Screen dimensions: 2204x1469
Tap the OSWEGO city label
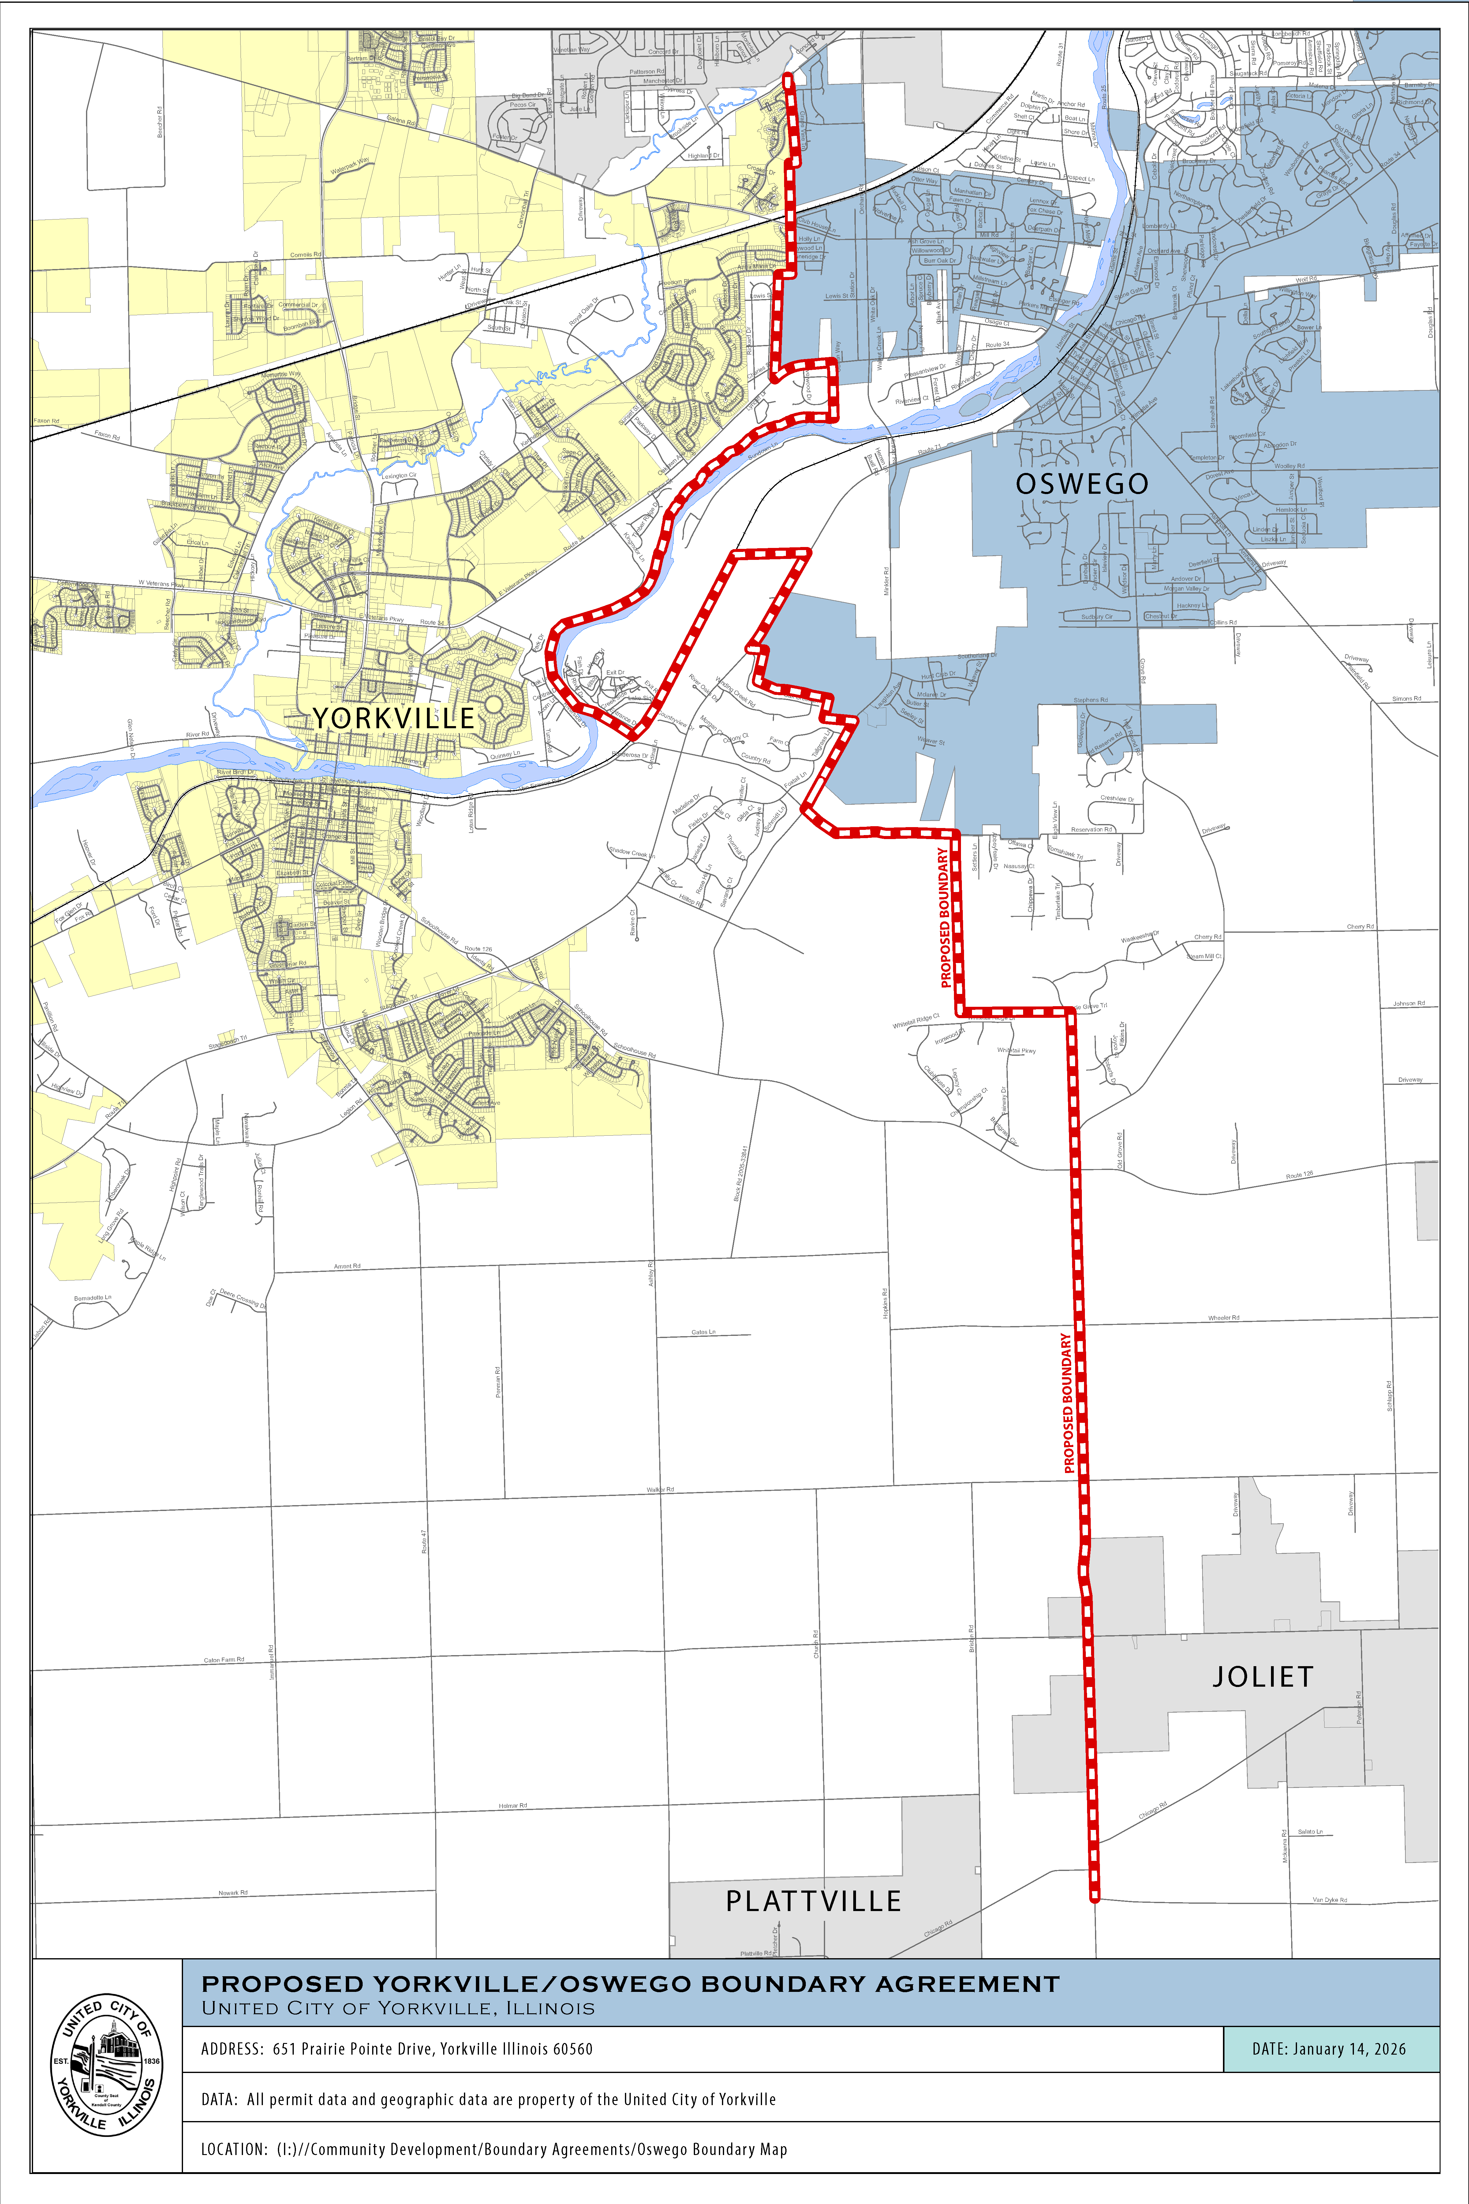point(1082,484)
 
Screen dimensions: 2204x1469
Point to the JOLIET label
point(1263,1677)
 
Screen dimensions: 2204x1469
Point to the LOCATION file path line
point(494,2149)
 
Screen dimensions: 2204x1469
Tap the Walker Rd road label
point(660,1489)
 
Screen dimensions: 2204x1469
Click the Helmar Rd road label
point(512,1805)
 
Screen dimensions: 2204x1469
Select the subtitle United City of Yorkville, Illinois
point(398,2008)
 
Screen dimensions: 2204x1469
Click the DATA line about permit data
point(488,2099)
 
